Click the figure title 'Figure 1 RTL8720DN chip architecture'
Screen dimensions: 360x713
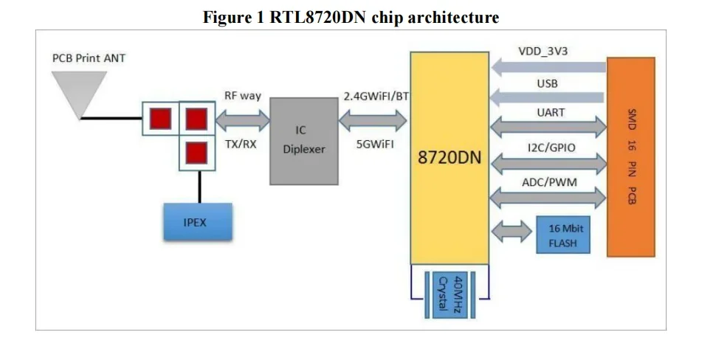point(351,17)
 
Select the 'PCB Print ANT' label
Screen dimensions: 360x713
point(89,57)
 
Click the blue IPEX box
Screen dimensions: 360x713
point(197,221)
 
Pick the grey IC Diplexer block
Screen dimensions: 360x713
point(304,140)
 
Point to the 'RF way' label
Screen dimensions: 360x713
point(243,97)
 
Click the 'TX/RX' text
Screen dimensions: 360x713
point(241,145)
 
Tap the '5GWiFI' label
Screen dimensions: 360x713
point(375,145)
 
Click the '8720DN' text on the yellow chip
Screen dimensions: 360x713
point(450,158)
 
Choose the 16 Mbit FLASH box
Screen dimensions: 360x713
point(563,235)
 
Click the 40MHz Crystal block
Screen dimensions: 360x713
point(449,294)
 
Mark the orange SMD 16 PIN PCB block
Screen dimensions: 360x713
point(631,156)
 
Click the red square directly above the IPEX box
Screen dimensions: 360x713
point(196,153)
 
